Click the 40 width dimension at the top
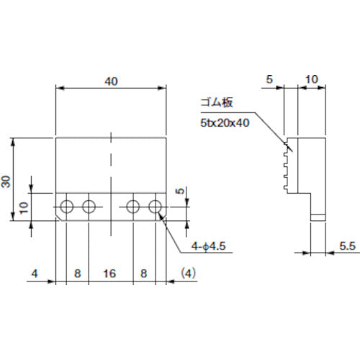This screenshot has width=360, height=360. click(111, 81)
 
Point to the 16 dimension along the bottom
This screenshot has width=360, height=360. click(111, 274)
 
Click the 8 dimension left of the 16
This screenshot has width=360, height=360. click(78, 274)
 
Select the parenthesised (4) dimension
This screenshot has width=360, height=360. click(186, 274)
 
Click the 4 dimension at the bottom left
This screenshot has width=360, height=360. click(34, 274)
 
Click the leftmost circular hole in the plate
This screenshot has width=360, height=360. click(67, 207)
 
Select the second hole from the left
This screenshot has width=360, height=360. click(89, 207)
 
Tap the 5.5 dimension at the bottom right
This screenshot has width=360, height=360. click(348, 246)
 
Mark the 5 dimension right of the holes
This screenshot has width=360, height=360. click(180, 193)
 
